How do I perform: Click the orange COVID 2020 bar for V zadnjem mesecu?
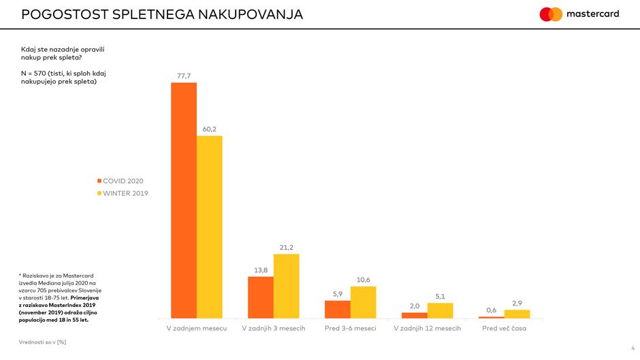click(x=184, y=200)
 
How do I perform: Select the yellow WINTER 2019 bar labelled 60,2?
click(x=210, y=227)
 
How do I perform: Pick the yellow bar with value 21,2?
click(x=286, y=286)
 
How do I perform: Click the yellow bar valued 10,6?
click(x=363, y=302)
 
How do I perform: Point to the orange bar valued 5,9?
click(x=338, y=309)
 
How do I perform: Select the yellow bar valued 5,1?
click(x=440, y=310)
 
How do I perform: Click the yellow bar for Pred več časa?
click(x=517, y=314)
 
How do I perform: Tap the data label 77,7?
click(x=184, y=76)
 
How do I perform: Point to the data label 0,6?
click(x=492, y=310)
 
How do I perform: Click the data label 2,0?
click(x=415, y=306)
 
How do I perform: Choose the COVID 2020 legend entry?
click(x=121, y=181)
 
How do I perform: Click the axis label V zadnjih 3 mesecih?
click(x=274, y=329)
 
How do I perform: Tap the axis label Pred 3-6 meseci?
click(x=351, y=329)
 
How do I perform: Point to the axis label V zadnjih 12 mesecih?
click(x=428, y=329)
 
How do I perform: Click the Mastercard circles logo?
click(x=551, y=14)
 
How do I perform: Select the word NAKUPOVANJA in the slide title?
click(x=251, y=14)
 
